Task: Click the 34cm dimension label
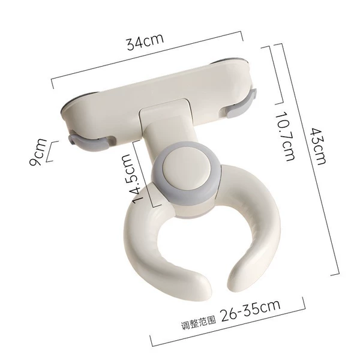click(x=145, y=41)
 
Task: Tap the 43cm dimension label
click(x=318, y=146)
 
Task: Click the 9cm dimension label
click(x=38, y=152)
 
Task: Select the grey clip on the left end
click(x=92, y=142)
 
